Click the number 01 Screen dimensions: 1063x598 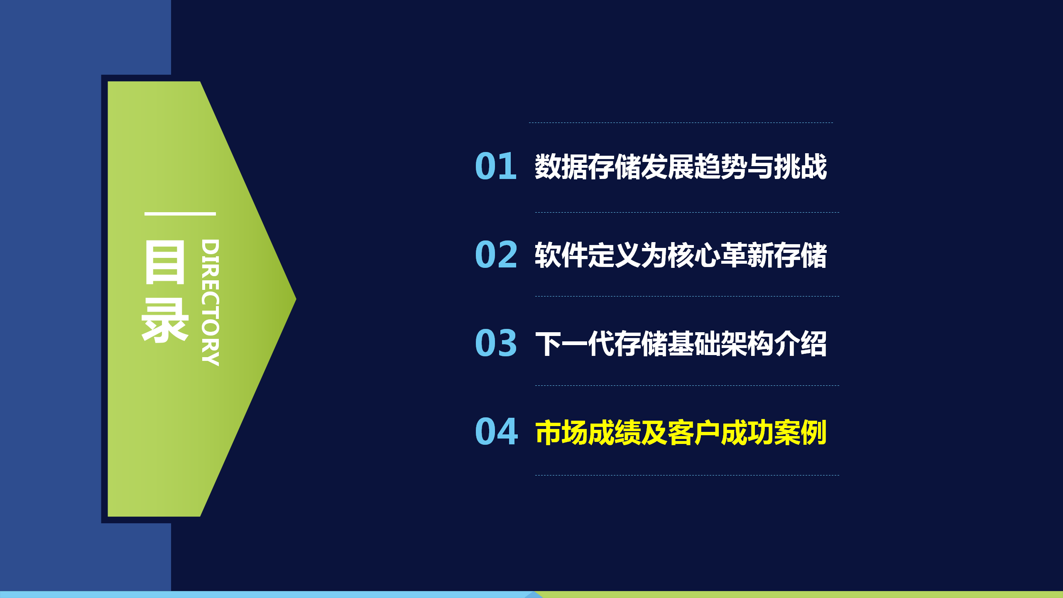point(496,166)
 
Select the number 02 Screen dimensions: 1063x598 point(496,255)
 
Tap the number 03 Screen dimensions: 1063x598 point(496,343)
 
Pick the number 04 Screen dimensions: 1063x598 point(497,431)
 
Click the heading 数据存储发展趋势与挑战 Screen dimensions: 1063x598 point(681,167)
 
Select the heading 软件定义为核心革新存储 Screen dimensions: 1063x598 point(681,255)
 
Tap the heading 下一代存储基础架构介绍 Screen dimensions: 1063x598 point(681,343)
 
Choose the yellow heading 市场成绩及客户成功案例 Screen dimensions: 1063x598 point(681,432)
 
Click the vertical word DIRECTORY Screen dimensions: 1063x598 point(210,303)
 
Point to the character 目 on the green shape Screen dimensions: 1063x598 point(164,262)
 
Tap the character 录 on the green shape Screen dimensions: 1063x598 point(165,320)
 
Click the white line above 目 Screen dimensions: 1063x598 point(180,214)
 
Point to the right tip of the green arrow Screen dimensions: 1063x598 point(296,299)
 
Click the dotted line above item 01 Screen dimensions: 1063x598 point(681,123)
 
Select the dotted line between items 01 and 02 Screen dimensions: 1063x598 point(687,212)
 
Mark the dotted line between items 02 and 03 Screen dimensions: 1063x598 point(687,296)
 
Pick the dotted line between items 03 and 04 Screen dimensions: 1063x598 point(687,385)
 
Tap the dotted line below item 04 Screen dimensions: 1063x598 point(687,475)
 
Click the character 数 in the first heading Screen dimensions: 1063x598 point(548,167)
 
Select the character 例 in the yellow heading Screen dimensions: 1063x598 point(814,432)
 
